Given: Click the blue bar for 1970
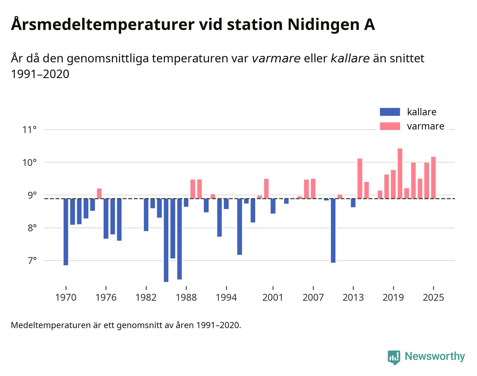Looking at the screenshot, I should click(66, 231).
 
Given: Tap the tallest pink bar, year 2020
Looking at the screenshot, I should click(400, 173).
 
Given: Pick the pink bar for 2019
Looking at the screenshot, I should click(393, 184).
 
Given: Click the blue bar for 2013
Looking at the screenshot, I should click(353, 203).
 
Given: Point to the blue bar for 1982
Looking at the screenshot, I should click(146, 215).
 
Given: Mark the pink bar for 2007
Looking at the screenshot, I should click(313, 188).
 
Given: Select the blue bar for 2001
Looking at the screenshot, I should click(273, 206).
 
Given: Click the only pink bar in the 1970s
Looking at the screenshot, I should click(99, 193).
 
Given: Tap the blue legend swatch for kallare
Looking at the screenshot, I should click(390, 112).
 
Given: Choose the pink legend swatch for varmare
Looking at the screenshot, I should click(390, 126).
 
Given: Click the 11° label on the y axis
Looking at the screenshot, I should click(30, 130).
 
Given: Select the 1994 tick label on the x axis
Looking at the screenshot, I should click(226, 297).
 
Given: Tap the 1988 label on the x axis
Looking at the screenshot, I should click(186, 297).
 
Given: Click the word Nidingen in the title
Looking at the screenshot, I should click(324, 25).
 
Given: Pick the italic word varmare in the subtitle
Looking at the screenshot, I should click(276, 58).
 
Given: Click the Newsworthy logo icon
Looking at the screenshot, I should click(394, 357).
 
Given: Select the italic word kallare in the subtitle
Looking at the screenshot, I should click(350, 58).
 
